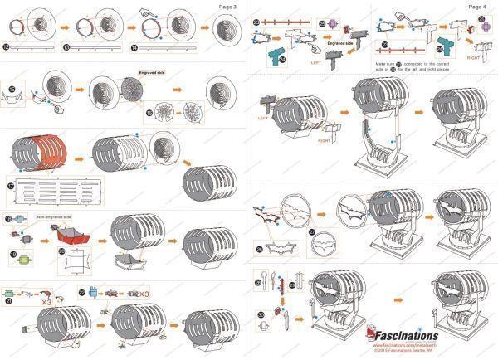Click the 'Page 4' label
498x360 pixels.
477,7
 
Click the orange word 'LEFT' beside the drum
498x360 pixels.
265,117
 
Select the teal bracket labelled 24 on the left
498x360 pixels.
276,55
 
